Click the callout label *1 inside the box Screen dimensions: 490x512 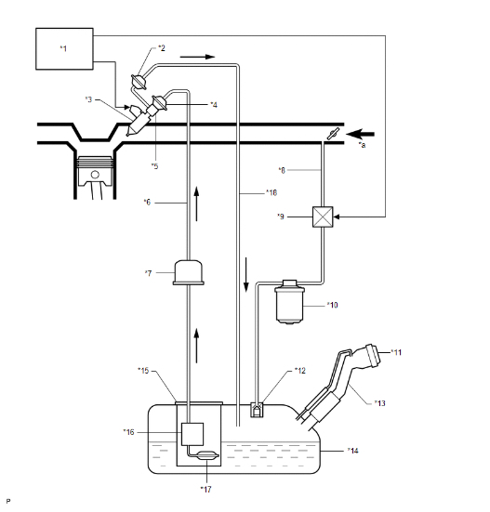pyautogui.click(x=63, y=48)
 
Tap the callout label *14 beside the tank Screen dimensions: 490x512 pyautogui.click(x=353, y=451)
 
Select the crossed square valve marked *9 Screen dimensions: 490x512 pyautogui.click(x=323, y=217)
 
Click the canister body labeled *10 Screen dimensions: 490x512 pyautogui.click(x=289, y=302)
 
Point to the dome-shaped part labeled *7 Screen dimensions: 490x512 pyautogui.click(x=189, y=272)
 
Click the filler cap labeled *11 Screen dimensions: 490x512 pyautogui.click(x=373, y=355)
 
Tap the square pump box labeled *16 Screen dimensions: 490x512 pyautogui.click(x=192, y=434)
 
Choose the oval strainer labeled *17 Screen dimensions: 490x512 pyautogui.click(x=207, y=455)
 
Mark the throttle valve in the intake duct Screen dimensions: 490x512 pyautogui.click(x=333, y=134)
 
